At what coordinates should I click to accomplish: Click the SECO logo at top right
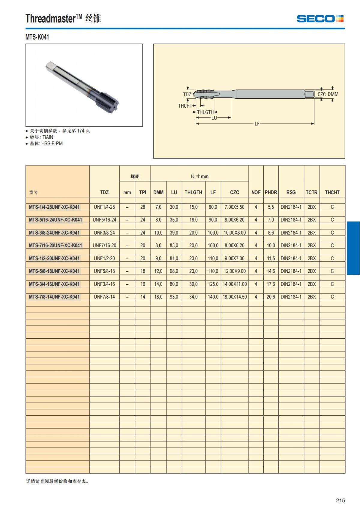[320, 19]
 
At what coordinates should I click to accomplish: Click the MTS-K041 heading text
[37, 37]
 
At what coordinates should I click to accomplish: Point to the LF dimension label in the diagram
[257, 124]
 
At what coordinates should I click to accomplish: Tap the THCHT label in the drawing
[185, 106]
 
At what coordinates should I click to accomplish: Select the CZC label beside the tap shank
[322, 94]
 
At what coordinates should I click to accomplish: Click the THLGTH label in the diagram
[205, 112]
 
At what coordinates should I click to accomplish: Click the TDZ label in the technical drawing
[187, 94]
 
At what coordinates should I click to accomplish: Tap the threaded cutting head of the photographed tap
[106, 102]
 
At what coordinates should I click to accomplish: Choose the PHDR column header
[271, 192]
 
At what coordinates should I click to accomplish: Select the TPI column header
[142, 192]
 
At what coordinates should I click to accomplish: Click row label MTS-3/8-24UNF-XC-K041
[54, 232]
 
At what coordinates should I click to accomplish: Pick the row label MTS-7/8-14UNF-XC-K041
[54, 297]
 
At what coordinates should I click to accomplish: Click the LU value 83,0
[174, 245]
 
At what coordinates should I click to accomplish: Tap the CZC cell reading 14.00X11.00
[235, 284]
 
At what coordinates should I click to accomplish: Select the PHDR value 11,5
[271, 258]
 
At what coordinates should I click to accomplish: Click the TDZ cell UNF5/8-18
[104, 271]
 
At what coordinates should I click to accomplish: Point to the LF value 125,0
[213, 284]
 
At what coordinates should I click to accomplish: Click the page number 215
[340, 500]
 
